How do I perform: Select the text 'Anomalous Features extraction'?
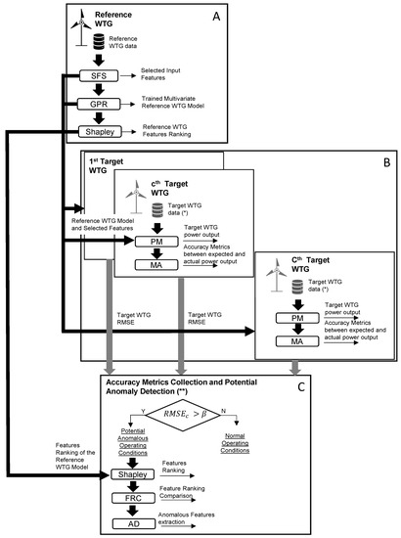point(231,523)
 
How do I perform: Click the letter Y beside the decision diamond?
point(144,411)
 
